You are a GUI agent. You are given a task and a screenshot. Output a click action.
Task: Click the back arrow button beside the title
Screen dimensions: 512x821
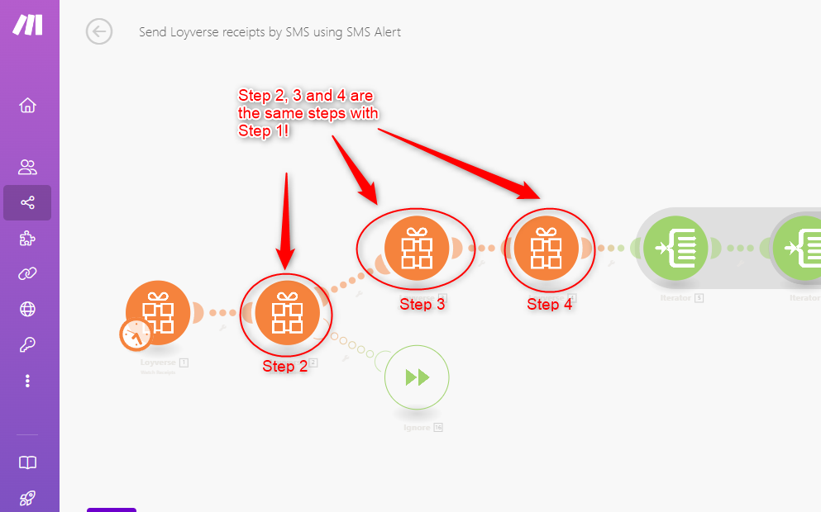click(99, 32)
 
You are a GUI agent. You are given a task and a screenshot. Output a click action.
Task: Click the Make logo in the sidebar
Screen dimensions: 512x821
click(27, 25)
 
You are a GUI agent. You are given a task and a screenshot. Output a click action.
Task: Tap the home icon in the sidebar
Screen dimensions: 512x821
click(27, 106)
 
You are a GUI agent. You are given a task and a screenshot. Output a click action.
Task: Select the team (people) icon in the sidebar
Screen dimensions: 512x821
click(27, 168)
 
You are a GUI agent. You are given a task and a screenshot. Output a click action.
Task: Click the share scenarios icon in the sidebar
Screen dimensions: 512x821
click(27, 202)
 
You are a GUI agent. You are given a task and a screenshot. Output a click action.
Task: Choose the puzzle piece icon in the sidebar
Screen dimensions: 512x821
click(27, 239)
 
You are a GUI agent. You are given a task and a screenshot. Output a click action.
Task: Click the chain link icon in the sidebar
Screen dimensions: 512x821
click(27, 274)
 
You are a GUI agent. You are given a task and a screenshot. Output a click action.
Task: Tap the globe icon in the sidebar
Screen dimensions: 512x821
click(27, 310)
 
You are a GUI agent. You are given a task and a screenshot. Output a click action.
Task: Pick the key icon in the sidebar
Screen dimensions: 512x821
click(27, 345)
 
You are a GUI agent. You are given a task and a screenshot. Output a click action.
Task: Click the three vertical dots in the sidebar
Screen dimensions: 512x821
click(27, 381)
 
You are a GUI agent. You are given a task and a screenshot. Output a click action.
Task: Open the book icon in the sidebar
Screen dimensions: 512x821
click(27, 462)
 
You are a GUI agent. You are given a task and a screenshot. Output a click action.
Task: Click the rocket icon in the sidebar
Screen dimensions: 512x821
click(27, 498)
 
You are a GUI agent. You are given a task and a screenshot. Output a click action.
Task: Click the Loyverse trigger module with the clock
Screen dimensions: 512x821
click(158, 313)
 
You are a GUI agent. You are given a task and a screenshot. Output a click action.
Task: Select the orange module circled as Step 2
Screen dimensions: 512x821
click(287, 313)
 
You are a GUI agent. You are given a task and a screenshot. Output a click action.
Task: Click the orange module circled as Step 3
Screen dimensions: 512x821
click(416, 247)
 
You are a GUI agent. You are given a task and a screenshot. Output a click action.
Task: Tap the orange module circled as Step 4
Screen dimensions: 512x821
click(545, 247)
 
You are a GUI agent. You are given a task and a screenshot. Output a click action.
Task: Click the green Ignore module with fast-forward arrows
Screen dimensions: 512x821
click(417, 377)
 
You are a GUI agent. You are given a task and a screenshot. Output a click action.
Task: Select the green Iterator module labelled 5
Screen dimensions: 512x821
click(675, 247)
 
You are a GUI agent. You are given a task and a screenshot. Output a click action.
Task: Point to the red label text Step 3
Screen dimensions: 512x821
click(422, 304)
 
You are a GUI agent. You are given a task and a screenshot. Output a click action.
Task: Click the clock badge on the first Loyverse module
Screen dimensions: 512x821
click(135, 335)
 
